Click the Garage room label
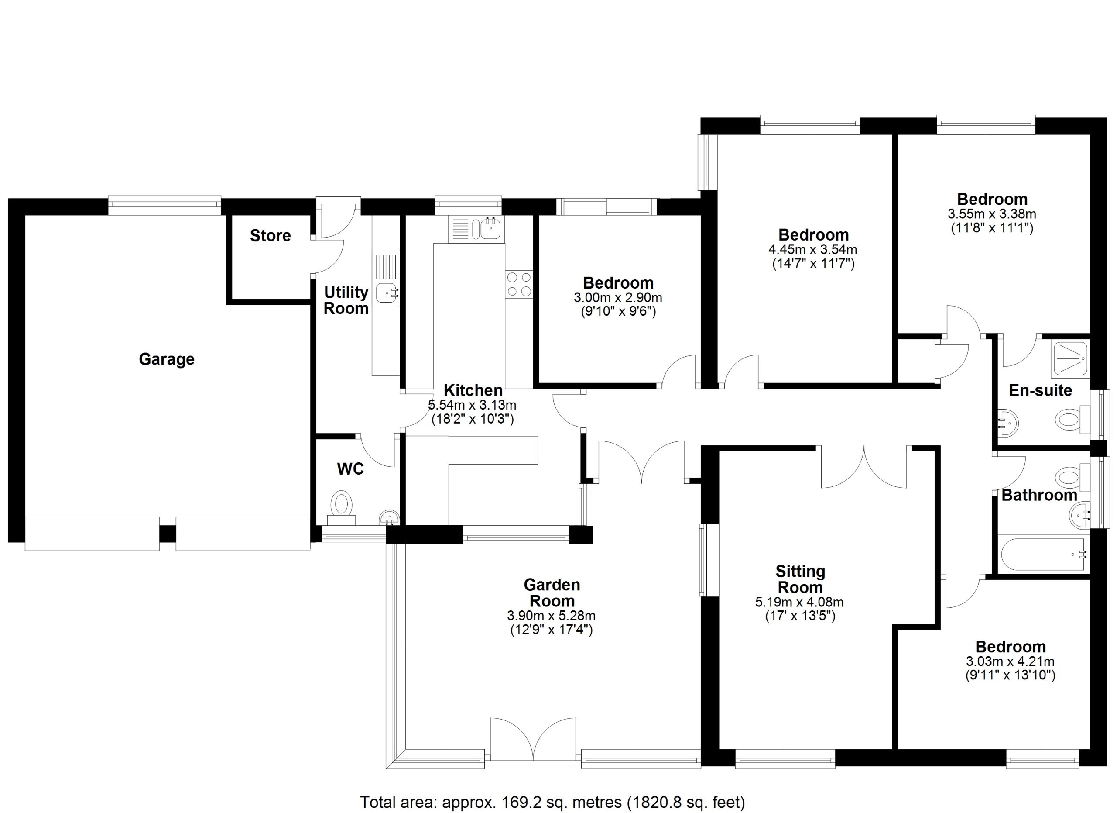[167, 359]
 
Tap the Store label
[271, 235]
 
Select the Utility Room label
[346, 300]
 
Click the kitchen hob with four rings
[519, 284]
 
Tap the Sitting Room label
[800, 579]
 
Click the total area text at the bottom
[552, 802]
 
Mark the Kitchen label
[473, 390]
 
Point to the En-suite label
[1040, 391]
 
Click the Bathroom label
[1039, 495]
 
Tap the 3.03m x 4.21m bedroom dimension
[1010, 661]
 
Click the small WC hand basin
[389, 517]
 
